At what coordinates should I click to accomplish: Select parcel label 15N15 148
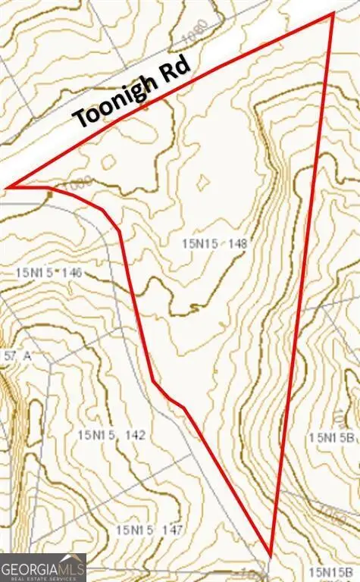(x=214, y=243)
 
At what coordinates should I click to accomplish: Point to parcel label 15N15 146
(x=49, y=272)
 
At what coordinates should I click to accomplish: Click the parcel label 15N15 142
(x=111, y=435)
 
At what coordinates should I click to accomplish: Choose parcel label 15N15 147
(x=149, y=530)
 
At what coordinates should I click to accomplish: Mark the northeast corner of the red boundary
(x=333, y=13)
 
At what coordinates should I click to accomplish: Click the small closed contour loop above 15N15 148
(x=203, y=182)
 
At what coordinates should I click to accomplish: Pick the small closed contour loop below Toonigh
(x=109, y=161)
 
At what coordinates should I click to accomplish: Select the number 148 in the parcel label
(x=236, y=243)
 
